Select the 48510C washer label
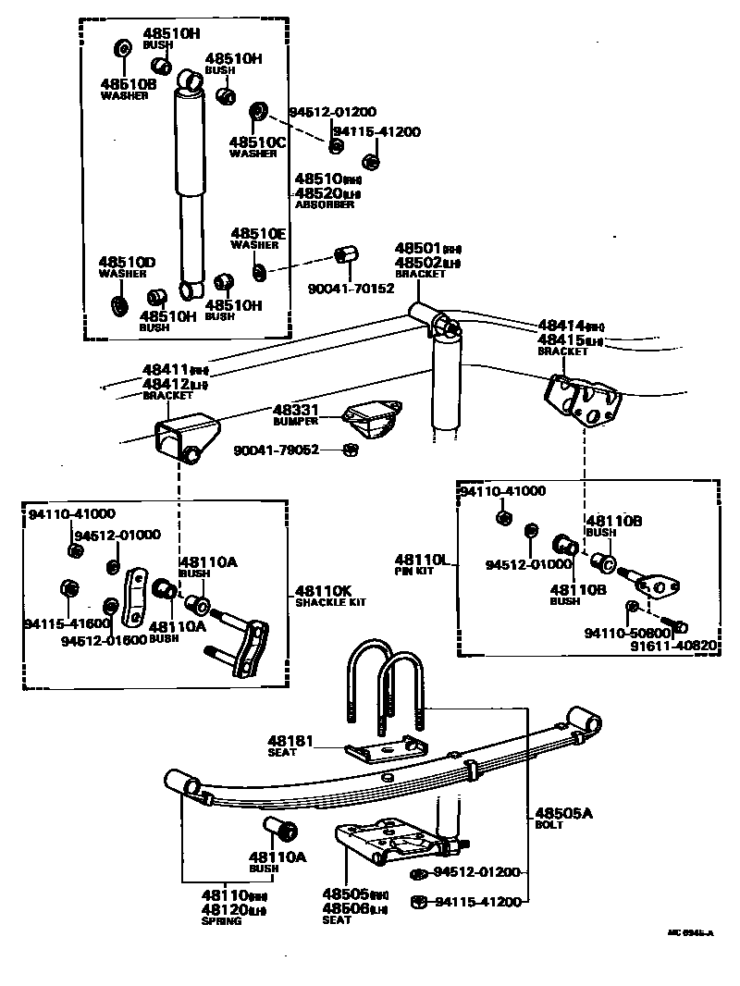[x=258, y=142]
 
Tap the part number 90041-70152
[x=351, y=288]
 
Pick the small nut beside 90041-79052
[x=350, y=450]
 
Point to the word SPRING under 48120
[x=221, y=921]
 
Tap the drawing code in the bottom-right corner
[x=690, y=933]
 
